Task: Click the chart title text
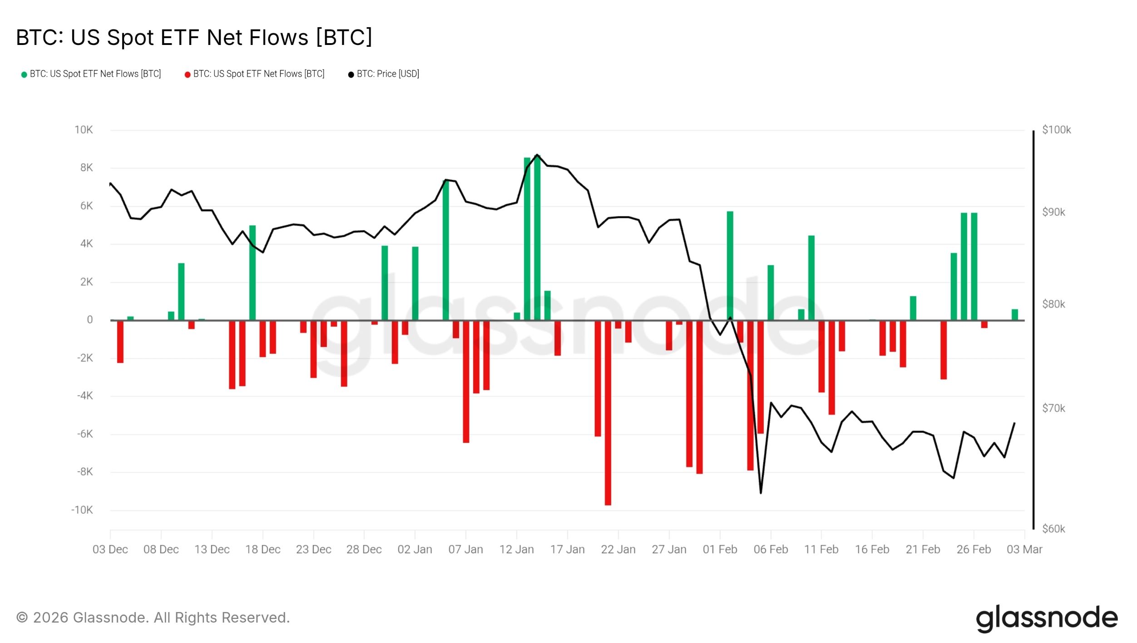pyautogui.click(x=194, y=37)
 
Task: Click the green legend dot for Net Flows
pyautogui.click(x=24, y=74)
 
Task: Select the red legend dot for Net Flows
pyautogui.click(x=188, y=74)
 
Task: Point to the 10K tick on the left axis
pyautogui.click(x=84, y=130)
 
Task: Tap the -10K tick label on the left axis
pyautogui.click(x=82, y=510)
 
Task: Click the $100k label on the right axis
pyautogui.click(x=1056, y=130)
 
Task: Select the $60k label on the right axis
pyautogui.click(x=1053, y=529)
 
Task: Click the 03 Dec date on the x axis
pyautogui.click(x=110, y=549)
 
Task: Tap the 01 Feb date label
pyautogui.click(x=720, y=549)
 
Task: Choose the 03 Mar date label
pyautogui.click(x=1024, y=549)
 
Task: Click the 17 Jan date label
pyautogui.click(x=567, y=549)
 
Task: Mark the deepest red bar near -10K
pyautogui.click(x=608, y=413)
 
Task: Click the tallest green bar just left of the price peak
pyautogui.click(x=527, y=238)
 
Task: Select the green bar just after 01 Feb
pyautogui.click(x=730, y=266)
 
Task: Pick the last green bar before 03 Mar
pyautogui.click(x=1015, y=315)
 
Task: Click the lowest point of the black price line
pyautogui.click(x=761, y=493)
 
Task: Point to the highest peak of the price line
pyautogui.click(x=537, y=155)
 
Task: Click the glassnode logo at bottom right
pyautogui.click(x=1047, y=618)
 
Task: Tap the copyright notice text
pyautogui.click(x=153, y=618)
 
